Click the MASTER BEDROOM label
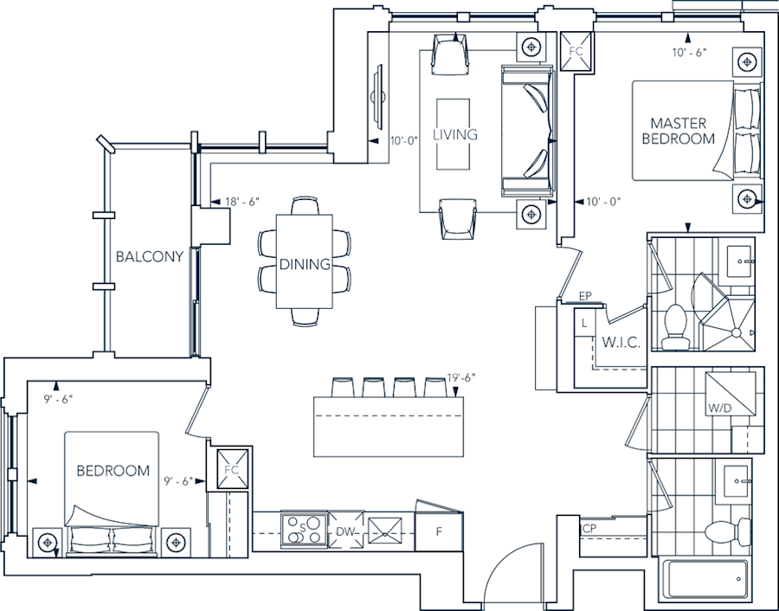click(682, 131)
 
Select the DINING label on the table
click(305, 264)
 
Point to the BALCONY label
click(150, 256)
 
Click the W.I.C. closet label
click(621, 343)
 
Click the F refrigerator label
click(439, 531)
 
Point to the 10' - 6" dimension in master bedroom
click(689, 51)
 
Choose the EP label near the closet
click(585, 297)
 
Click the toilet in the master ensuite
click(675, 328)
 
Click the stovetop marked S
click(303, 530)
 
